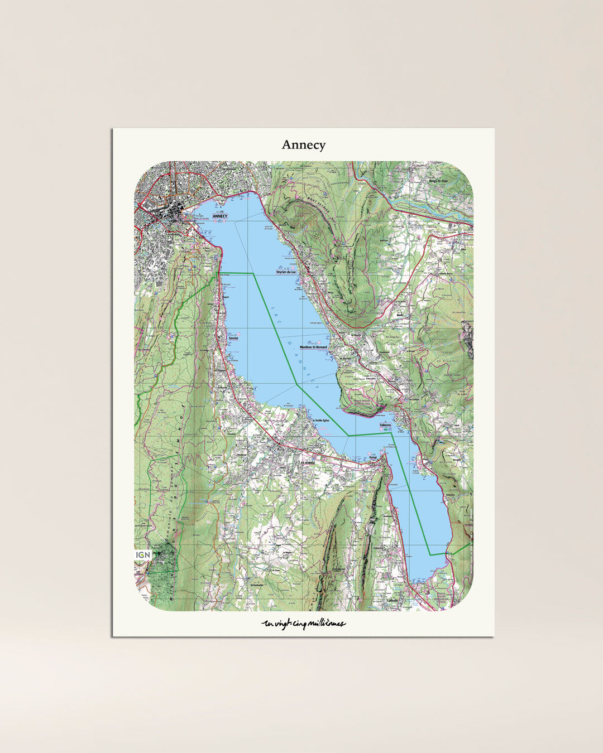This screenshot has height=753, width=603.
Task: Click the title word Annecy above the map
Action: (x=303, y=145)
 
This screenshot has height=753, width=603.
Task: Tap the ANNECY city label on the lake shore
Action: (x=220, y=216)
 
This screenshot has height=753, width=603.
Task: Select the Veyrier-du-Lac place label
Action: (x=286, y=272)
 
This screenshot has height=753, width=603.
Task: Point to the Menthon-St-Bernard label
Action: (x=313, y=347)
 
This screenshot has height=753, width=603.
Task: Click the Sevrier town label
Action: (x=233, y=338)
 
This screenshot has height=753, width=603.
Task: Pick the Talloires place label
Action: (x=385, y=425)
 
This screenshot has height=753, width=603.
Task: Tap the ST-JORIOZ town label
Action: (x=308, y=463)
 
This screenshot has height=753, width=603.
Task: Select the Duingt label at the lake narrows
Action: (x=374, y=458)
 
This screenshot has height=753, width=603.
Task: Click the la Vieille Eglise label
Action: (x=322, y=419)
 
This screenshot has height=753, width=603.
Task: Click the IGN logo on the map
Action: (x=143, y=555)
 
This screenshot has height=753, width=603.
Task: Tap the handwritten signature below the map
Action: (x=303, y=624)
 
